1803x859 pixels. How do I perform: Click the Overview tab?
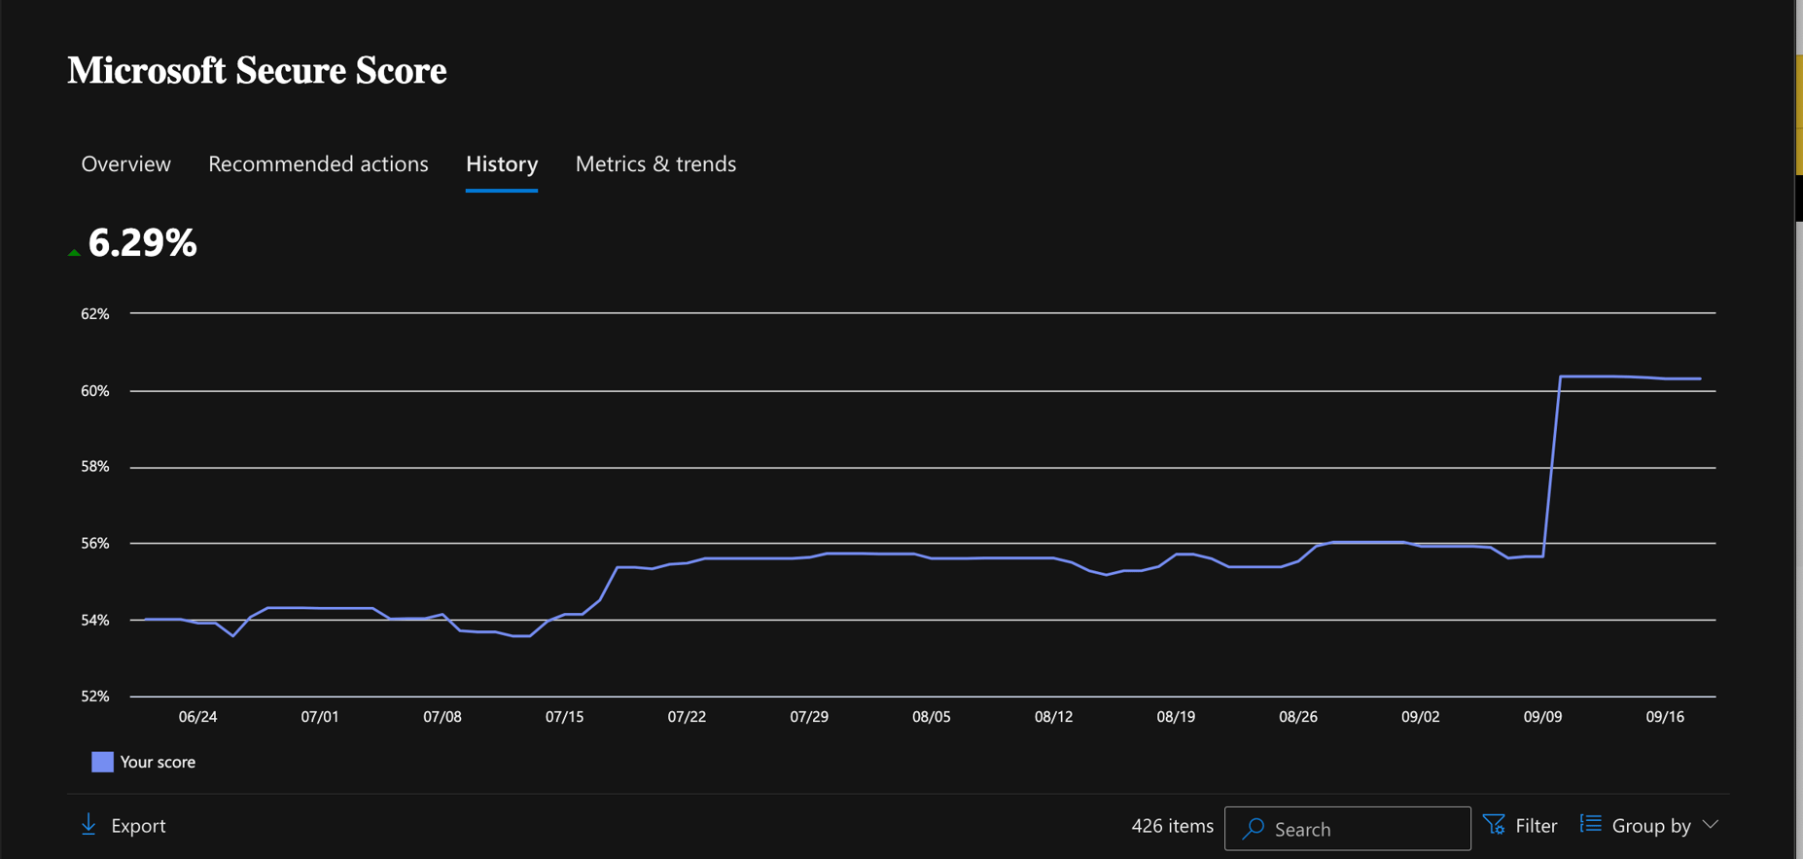pos(125,163)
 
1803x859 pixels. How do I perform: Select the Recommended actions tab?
pos(318,163)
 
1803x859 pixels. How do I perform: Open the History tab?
pos(502,163)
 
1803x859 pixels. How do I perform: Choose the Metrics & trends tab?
pos(655,163)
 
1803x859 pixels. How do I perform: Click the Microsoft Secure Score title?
pos(257,71)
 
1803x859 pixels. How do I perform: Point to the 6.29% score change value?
pos(142,243)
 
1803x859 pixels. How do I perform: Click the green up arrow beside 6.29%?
pos(74,253)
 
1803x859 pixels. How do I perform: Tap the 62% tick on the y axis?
pos(95,314)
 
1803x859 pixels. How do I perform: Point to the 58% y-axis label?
pos(95,467)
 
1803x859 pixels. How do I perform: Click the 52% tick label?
pos(95,697)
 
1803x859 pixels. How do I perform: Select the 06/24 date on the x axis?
pos(197,717)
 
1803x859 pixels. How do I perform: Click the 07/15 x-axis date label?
pos(564,717)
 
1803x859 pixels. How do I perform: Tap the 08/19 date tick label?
pos(1176,717)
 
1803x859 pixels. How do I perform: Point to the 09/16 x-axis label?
pos(1665,717)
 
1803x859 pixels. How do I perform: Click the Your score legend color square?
pos(102,762)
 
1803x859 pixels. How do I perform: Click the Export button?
pos(124,826)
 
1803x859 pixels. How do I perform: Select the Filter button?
pos(1520,826)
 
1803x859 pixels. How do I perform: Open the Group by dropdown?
pos(1649,826)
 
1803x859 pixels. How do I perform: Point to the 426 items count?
pos(1172,826)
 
